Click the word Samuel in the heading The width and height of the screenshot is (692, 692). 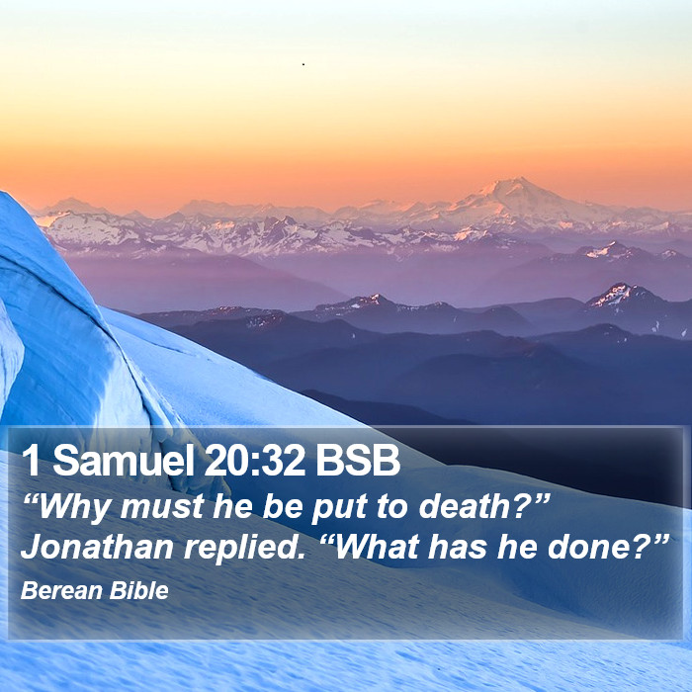[124, 460]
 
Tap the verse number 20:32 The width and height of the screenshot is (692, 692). [255, 460]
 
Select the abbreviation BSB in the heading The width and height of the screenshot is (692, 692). [358, 460]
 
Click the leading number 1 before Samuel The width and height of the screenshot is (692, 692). [32, 460]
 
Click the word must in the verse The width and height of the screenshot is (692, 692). [162, 507]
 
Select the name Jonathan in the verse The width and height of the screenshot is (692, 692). [97, 548]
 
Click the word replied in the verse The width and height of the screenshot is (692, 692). [244, 549]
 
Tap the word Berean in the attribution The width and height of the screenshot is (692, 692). [61, 590]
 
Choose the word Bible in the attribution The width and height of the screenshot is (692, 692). [139, 590]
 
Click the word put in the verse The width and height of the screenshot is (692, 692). [339, 508]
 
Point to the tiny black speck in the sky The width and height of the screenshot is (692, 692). [303, 64]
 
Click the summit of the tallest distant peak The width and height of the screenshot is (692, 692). [519, 178]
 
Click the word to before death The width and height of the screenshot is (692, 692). [392, 507]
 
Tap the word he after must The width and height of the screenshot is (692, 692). [232, 506]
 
